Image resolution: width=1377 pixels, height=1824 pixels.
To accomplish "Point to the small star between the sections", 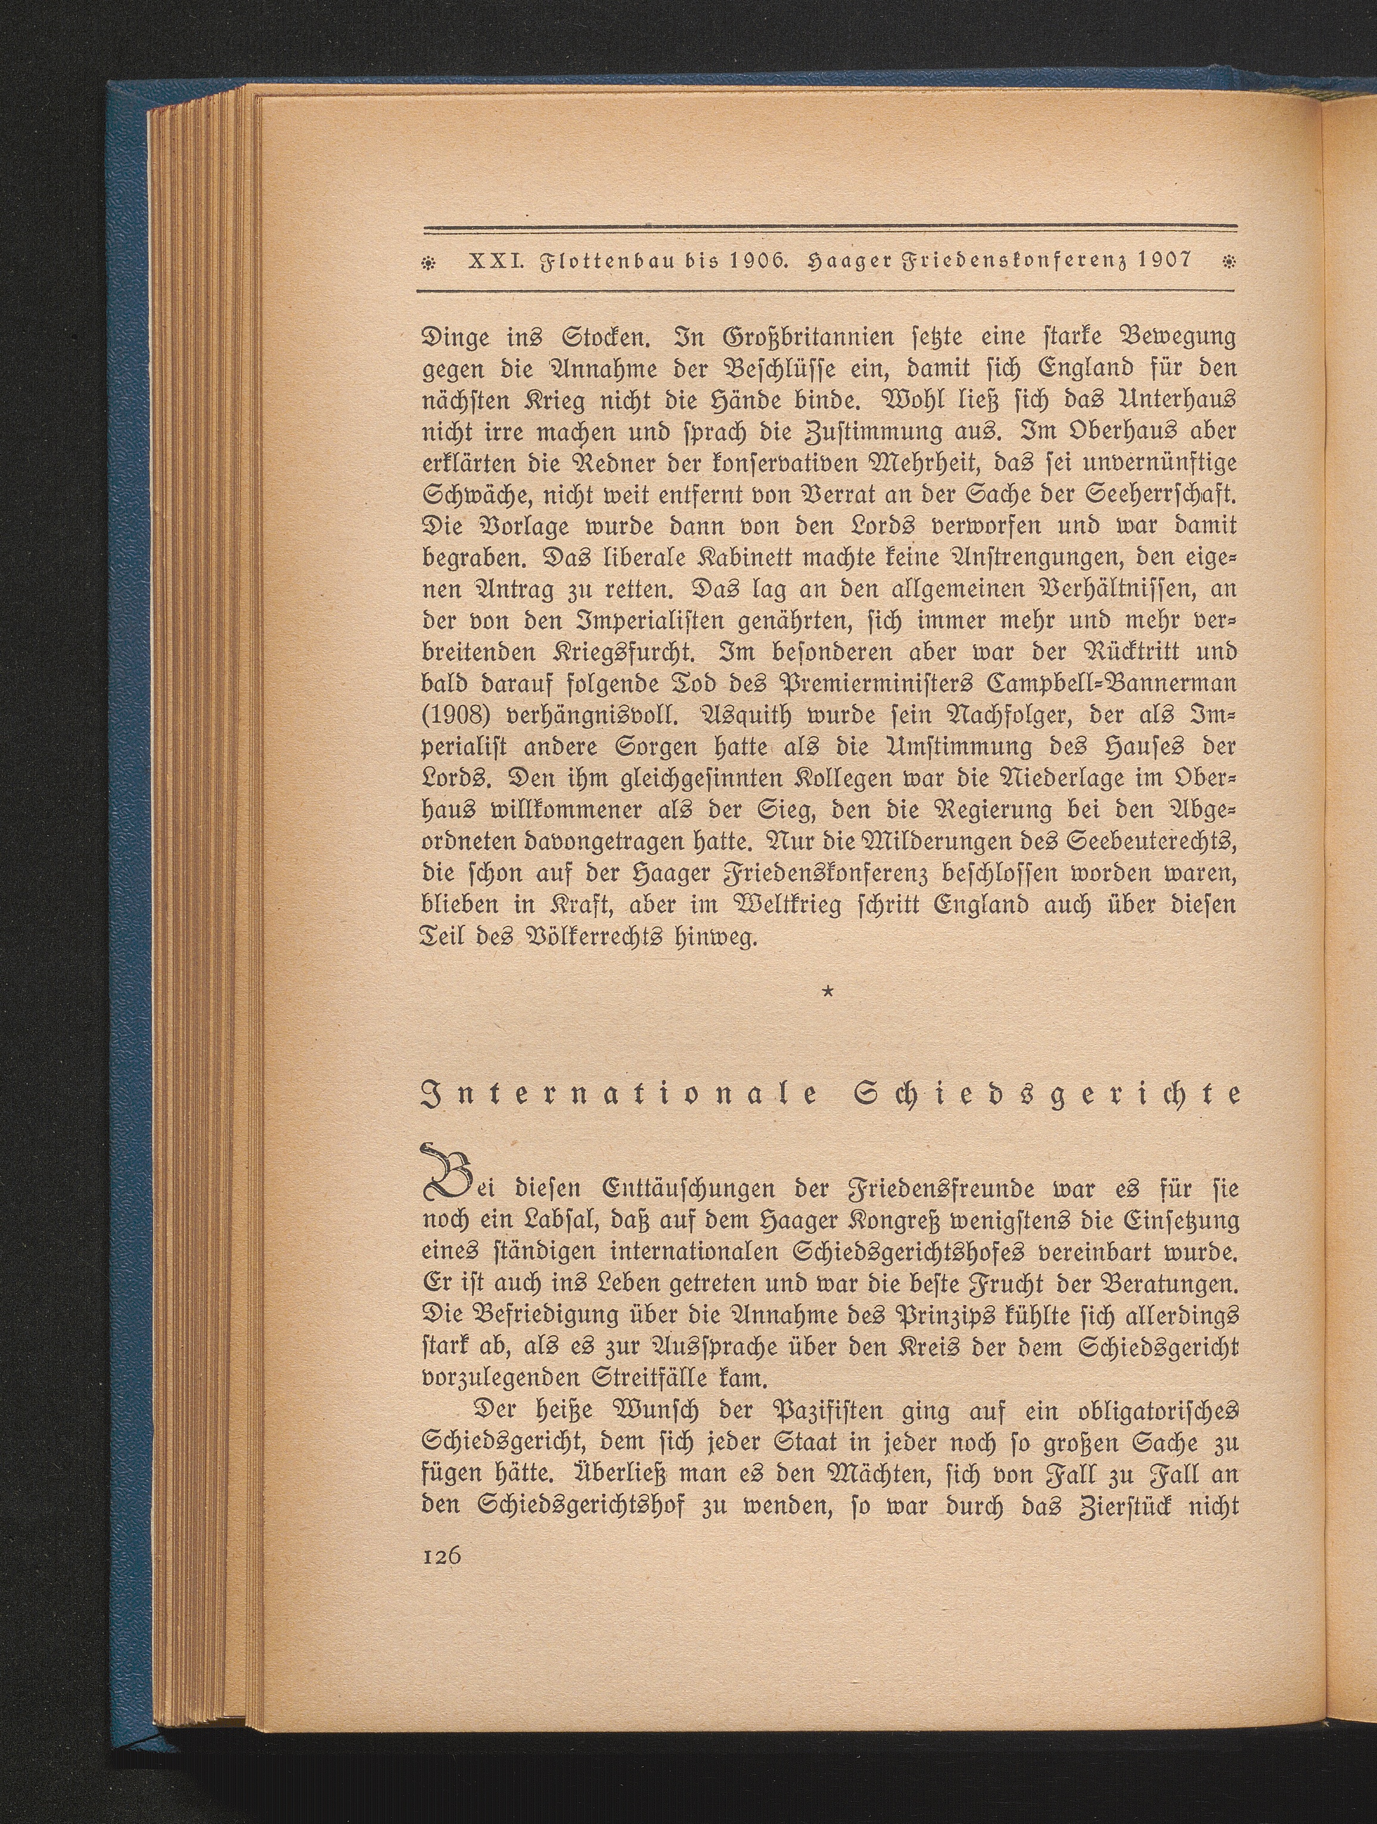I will [827, 1001].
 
